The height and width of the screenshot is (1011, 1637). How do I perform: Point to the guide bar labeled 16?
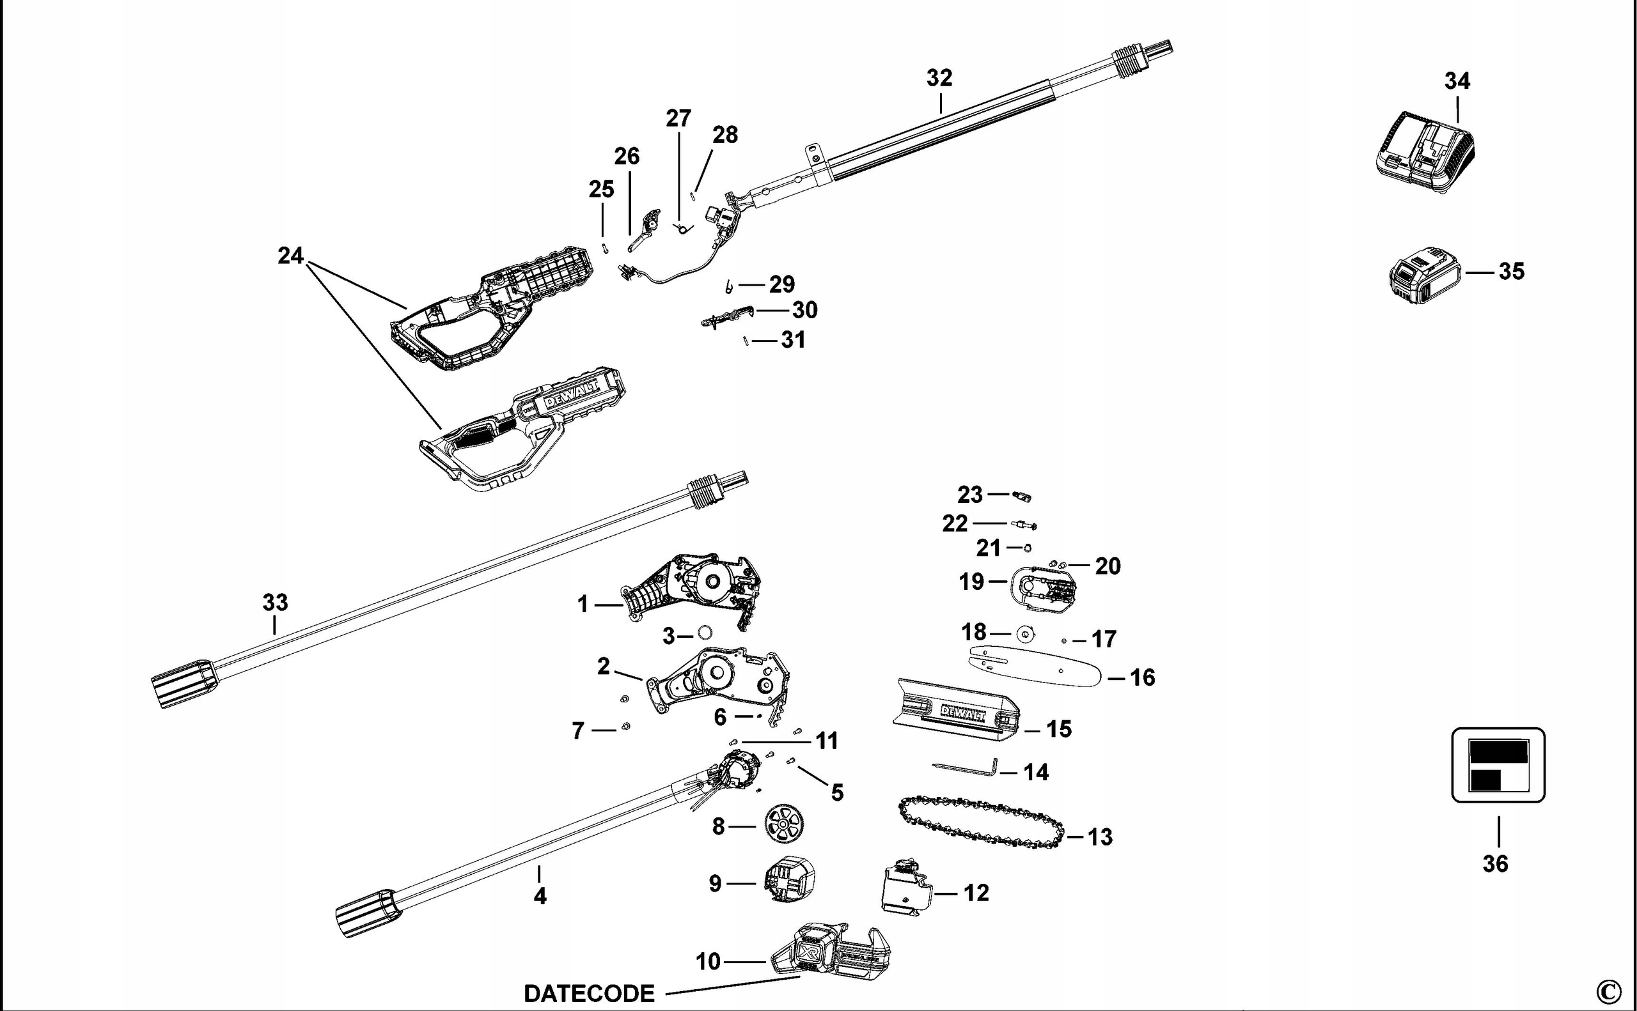[1033, 667]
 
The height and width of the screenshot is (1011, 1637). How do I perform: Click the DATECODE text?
[589, 994]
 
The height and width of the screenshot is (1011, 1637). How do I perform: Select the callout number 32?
[939, 78]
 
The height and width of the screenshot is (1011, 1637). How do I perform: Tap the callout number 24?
[290, 256]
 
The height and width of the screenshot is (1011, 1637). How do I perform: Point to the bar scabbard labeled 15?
[957, 711]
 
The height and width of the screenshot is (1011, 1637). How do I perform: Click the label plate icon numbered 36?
[1498, 765]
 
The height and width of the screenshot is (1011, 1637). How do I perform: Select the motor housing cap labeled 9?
[790, 879]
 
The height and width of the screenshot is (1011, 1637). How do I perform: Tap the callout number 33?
[275, 603]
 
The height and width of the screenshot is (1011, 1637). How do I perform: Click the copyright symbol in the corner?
[1608, 991]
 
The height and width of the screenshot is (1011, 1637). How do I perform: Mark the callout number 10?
[708, 962]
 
